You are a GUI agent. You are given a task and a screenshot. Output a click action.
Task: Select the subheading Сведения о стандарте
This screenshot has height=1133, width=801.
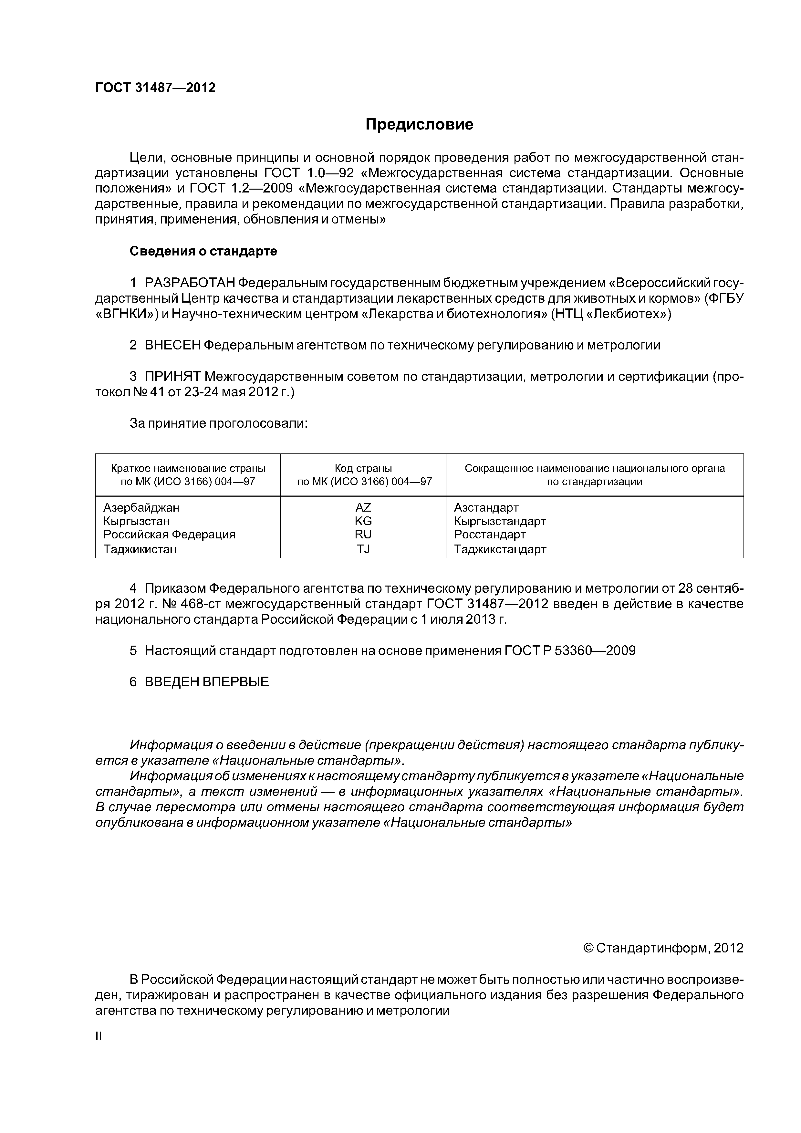(x=203, y=251)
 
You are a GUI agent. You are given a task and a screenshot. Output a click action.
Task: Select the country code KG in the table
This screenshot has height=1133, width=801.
(x=363, y=521)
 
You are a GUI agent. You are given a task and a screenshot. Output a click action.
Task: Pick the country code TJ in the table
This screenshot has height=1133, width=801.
(x=363, y=549)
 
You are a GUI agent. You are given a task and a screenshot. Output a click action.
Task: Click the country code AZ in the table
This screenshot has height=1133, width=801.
(x=363, y=507)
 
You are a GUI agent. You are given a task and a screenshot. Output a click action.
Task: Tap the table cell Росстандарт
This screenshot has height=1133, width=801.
(x=490, y=535)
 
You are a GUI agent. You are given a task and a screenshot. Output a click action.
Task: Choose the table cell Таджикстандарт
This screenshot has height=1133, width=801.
(x=500, y=549)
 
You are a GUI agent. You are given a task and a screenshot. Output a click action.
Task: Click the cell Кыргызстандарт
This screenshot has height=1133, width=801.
(x=500, y=521)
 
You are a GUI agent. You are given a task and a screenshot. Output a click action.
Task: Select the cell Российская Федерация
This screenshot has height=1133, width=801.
(x=169, y=535)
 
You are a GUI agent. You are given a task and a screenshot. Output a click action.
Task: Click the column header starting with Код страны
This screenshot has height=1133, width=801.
(x=363, y=475)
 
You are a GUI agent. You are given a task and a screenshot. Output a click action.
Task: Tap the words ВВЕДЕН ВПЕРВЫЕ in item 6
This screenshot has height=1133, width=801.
(x=207, y=682)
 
